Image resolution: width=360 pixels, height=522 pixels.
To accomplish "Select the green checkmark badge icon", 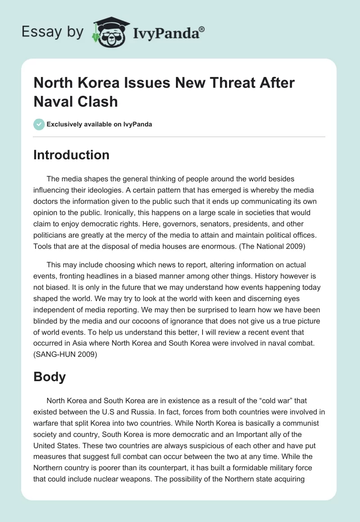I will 39,124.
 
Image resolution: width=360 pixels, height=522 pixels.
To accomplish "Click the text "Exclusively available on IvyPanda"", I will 99,124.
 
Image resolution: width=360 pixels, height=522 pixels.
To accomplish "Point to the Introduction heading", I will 71,155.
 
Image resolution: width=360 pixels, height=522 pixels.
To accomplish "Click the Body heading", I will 49,377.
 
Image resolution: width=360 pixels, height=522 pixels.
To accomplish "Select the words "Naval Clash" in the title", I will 76,101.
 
